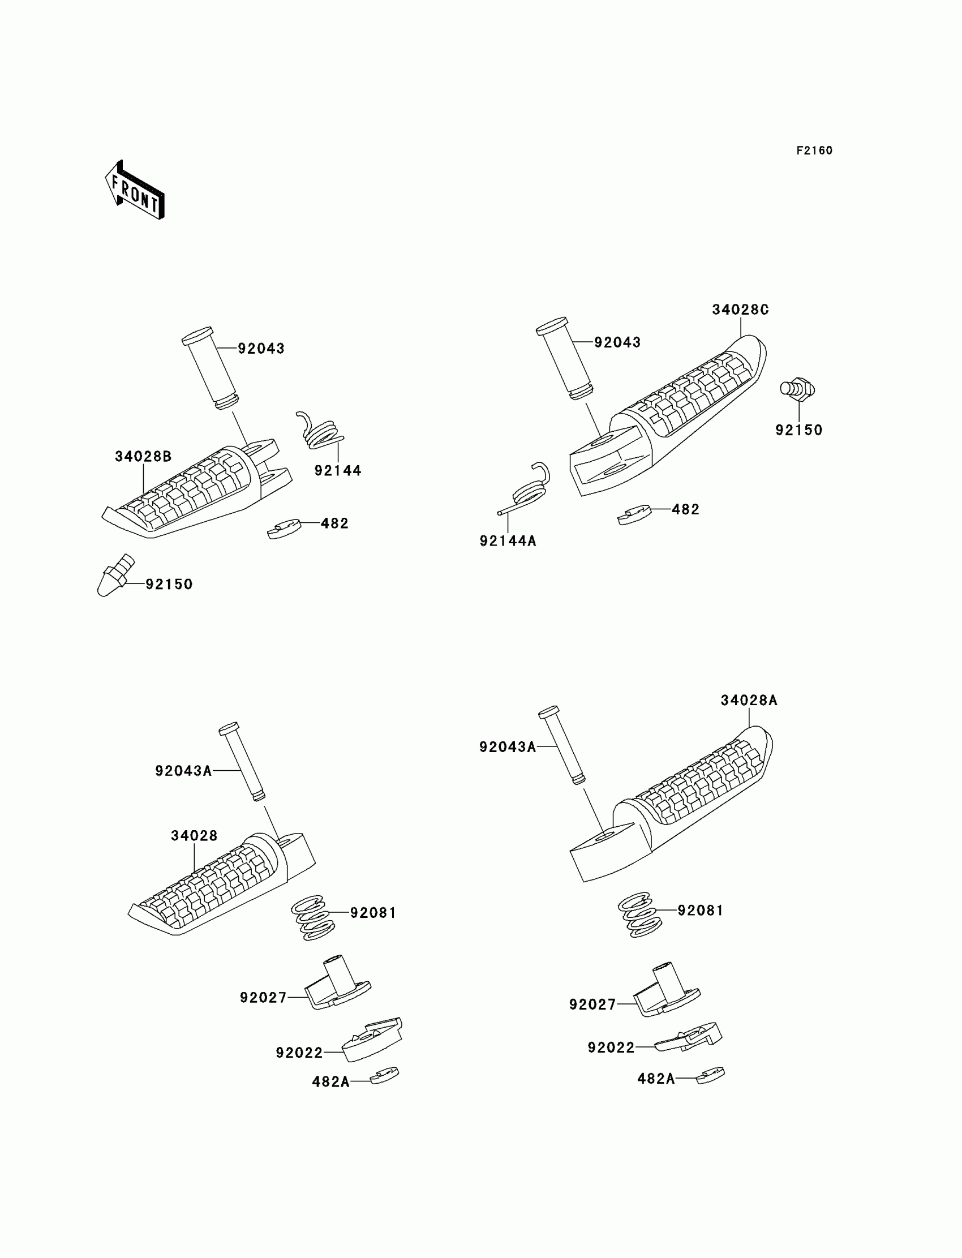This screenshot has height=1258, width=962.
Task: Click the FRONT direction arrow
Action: point(135,191)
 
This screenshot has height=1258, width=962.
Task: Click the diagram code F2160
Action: point(814,151)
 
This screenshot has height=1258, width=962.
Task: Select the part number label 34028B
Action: point(143,456)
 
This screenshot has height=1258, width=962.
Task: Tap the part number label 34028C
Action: point(740,310)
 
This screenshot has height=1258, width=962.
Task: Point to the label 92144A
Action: point(508,540)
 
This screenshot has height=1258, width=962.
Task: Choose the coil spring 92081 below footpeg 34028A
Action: point(639,914)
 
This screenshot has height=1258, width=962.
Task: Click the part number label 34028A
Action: point(749,700)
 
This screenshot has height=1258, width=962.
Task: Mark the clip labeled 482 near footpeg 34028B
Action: point(284,528)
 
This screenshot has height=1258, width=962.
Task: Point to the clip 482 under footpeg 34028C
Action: point(634,514)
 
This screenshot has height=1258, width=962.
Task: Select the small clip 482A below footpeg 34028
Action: point(384,1076)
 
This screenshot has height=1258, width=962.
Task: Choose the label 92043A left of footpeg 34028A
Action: point(508,746)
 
